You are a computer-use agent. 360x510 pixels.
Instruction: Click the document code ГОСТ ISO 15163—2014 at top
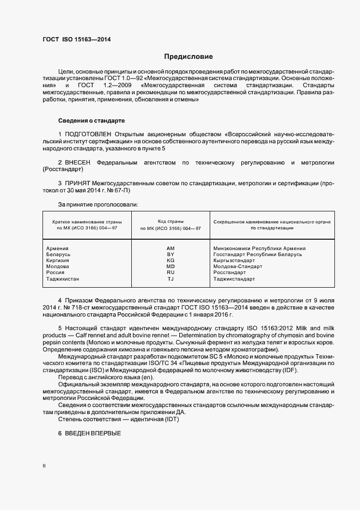[80, 39]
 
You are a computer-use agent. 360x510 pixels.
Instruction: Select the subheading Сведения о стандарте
[91, 120]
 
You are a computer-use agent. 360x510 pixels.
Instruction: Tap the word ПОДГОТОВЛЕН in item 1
[88, 133]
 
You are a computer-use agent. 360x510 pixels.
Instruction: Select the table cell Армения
[58, 248]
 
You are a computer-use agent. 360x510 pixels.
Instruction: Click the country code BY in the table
[170, 254]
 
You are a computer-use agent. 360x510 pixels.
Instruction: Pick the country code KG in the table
[170, 260]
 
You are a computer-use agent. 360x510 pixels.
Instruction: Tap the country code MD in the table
[170, 266]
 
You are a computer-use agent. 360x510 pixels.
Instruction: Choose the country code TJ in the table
[170, 278]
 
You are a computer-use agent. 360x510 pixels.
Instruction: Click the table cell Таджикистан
[63, 278]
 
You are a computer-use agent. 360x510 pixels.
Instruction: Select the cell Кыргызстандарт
[234, 260]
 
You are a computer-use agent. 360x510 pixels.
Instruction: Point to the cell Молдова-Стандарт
[237, 266]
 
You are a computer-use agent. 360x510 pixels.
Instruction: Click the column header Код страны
[170, 221]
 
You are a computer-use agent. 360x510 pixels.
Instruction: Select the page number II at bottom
[45, 466]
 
